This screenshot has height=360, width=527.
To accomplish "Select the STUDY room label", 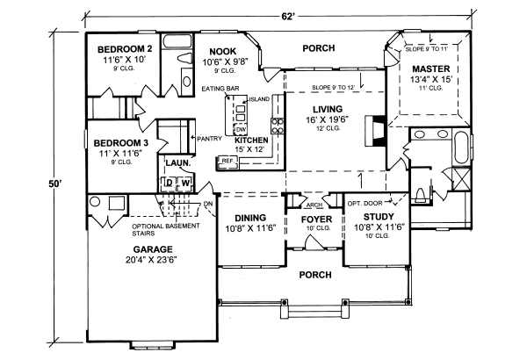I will tap(379, 218).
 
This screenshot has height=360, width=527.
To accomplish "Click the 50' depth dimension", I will tap(54, 184).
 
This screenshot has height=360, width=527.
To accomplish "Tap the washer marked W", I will tap(186, 183).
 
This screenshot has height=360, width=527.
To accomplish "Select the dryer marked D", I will tap(170, 183).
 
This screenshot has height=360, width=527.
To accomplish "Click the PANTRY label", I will tap(208, 138).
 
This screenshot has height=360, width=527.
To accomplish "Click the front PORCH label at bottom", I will tap(314, 275).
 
